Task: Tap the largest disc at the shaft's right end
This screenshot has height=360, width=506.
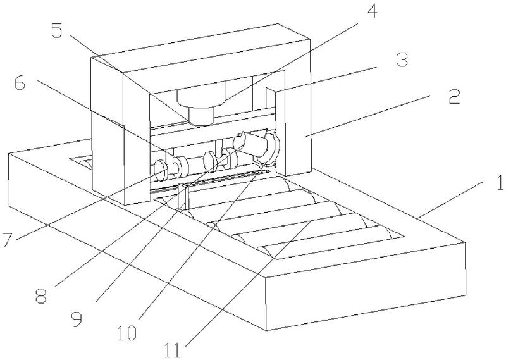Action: click(x=271, y=146)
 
